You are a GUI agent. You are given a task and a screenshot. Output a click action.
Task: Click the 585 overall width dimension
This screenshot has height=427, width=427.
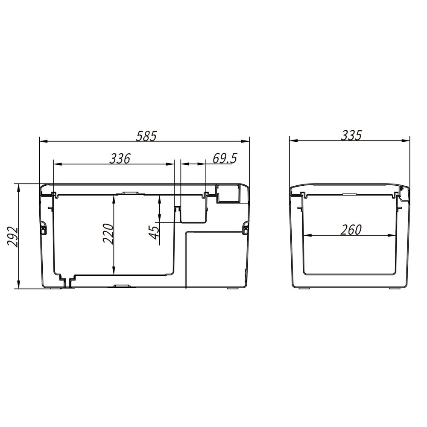tap(146, 136)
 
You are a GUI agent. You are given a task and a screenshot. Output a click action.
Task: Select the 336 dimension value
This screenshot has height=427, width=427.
tap(120, 158)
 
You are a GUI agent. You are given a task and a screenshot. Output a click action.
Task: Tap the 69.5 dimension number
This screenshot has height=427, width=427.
tap(225, 158)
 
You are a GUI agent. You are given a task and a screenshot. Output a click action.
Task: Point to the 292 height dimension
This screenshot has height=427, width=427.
tap(12, 236)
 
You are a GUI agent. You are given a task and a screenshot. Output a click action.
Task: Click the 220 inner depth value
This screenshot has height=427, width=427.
tap(108, 234)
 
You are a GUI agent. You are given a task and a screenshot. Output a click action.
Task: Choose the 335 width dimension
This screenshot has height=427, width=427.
tap(351, 135)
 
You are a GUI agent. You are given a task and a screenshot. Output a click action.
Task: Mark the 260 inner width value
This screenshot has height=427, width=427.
tap(351, 230)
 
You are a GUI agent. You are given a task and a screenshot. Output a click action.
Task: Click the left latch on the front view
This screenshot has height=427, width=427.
tap(43, 227)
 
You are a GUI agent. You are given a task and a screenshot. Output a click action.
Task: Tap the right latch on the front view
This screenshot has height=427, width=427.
tap(246, 227)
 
